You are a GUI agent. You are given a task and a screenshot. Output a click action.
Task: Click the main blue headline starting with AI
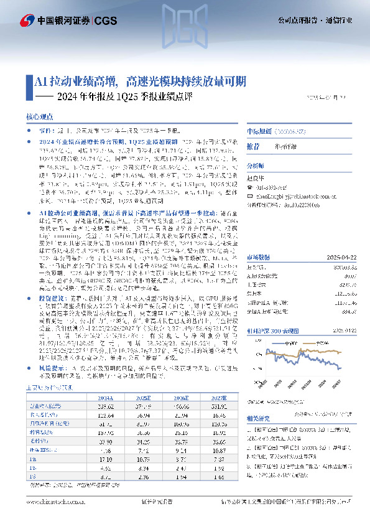141,81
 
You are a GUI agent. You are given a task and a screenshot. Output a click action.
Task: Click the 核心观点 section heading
40,116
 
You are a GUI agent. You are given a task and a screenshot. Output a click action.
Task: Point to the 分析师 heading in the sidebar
255,166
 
